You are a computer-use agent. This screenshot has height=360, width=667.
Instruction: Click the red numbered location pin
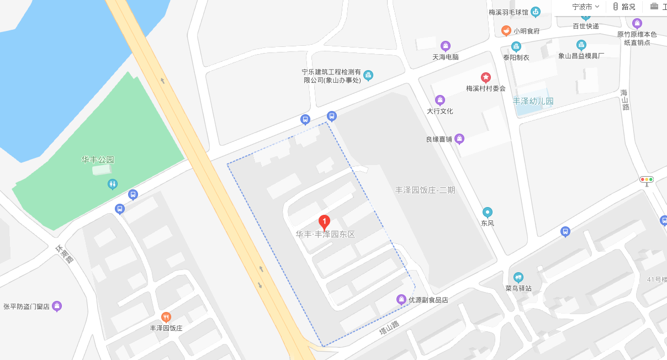pos(325,223)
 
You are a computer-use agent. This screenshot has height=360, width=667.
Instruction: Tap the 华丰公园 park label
pos(98,160)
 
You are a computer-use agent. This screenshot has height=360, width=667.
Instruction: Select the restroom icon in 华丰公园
pos(113,184)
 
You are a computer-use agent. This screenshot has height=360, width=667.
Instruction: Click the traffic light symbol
pos(647,179)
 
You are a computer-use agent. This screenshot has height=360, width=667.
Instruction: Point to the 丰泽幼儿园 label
pos(533,102)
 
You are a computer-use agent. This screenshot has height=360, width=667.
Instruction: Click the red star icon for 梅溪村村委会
pos(485,77)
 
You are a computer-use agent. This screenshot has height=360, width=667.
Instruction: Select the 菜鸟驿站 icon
pos(518,277)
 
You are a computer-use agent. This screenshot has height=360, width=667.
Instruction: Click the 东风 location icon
pos(487,212)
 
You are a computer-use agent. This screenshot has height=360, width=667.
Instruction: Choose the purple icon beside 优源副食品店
pos(401,300)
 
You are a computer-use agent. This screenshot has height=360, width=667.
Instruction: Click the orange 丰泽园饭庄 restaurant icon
pos(166,317)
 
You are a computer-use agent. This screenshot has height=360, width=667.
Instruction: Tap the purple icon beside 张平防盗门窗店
pos(56,306)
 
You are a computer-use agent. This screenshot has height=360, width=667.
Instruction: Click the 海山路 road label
pos(625,99)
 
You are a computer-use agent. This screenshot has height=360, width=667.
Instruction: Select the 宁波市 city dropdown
pos(585,7)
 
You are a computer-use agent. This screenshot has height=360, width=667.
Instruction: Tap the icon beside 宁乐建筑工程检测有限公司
pos(368,76)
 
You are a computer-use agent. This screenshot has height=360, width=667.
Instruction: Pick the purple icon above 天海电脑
pos(446,46)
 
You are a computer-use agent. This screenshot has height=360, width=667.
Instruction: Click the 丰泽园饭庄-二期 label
pos(425,190)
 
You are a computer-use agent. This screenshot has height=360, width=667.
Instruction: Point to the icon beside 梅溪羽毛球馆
pos(535,12)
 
